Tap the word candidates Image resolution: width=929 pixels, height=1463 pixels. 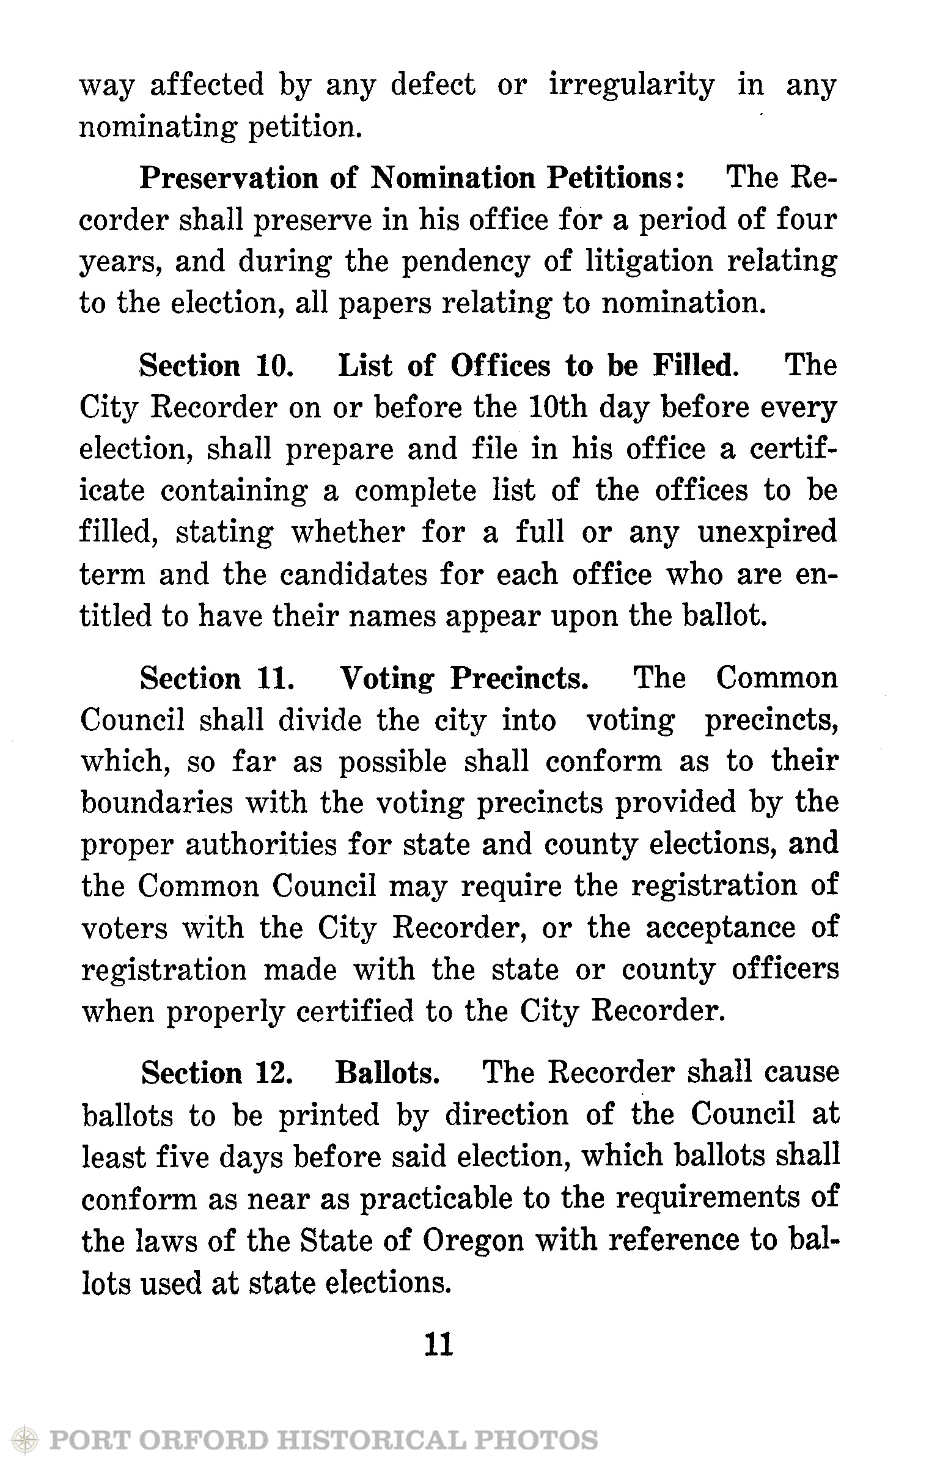345,574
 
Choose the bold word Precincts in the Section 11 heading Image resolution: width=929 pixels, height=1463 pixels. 520,679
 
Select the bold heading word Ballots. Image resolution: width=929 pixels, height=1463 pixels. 387,1074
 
